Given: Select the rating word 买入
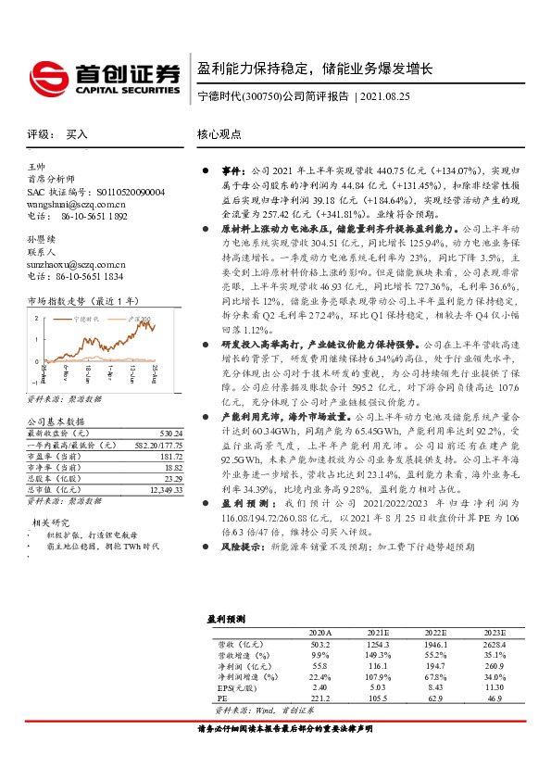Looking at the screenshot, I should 77,134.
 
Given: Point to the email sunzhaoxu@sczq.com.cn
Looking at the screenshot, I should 76,264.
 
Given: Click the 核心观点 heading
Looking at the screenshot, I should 219,134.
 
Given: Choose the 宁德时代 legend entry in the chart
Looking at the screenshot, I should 86,318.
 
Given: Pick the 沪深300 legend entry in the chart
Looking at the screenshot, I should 139,318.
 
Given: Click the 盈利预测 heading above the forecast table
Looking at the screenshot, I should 225,618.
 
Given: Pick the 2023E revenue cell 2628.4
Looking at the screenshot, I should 496,643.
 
